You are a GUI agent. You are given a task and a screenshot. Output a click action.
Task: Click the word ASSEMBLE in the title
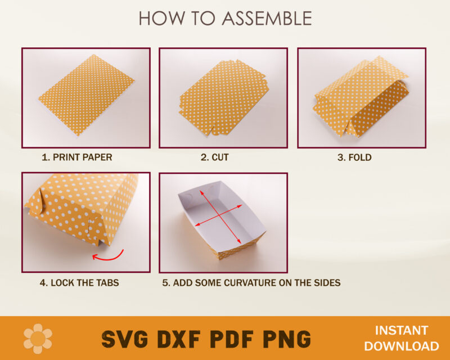coord(267,18)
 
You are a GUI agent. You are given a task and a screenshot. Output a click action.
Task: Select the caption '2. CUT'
coord(215,157)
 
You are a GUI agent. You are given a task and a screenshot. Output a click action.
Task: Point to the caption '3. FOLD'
coord(354,157)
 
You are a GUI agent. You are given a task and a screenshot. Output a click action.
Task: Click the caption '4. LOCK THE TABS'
coord(79,282)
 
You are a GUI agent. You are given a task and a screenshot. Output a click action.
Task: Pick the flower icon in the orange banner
coord(38,339)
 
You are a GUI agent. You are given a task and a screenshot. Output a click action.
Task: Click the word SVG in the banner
coord(125,339)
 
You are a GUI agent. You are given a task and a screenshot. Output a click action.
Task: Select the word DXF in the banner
coord(179,339)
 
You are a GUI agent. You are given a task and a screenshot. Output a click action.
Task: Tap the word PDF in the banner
coord(232,339)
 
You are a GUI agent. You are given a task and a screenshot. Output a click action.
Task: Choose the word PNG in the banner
coord(286,339)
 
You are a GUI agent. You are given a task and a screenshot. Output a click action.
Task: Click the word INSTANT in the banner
coord(401,330)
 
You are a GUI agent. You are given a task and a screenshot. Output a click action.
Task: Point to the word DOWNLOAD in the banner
coord(401,346)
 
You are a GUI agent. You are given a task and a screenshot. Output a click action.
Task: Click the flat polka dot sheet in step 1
coord(87,94)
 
